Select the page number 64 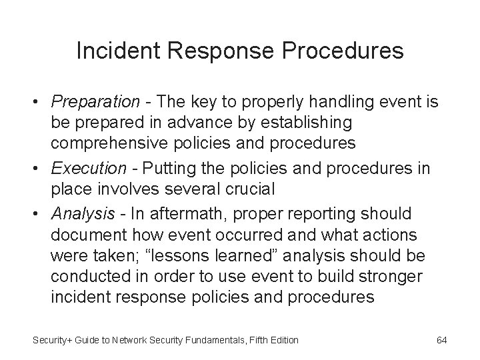[441, 340]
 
